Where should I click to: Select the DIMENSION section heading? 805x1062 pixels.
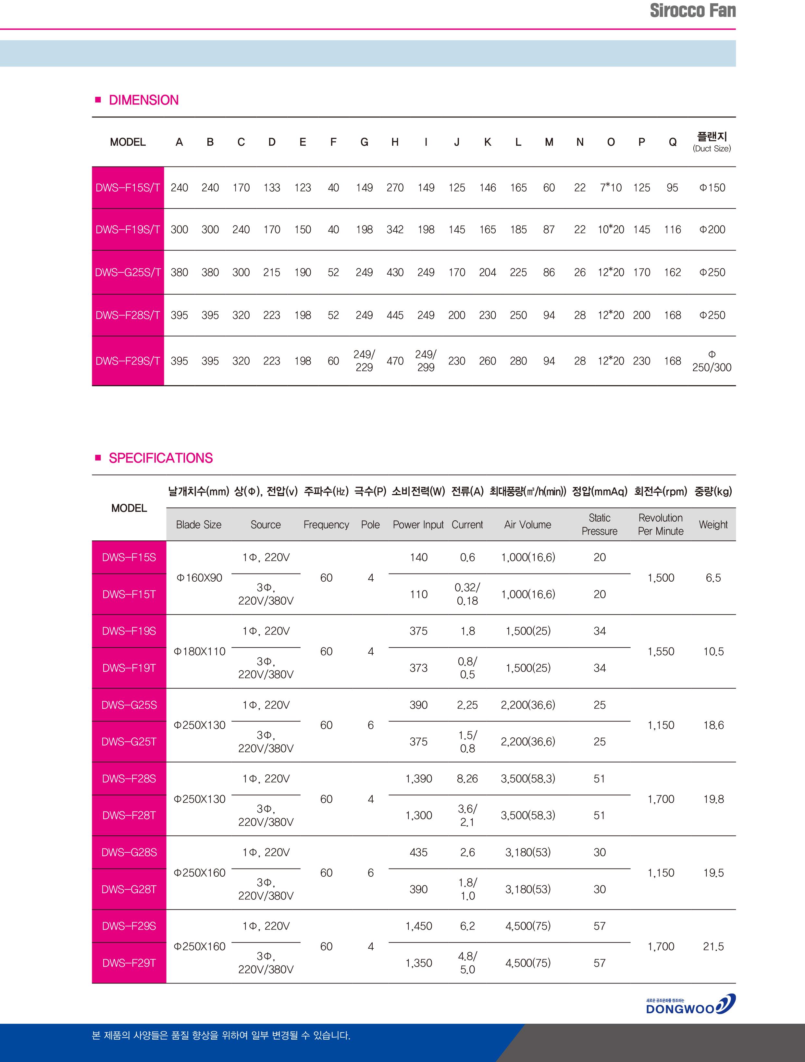[143, 100]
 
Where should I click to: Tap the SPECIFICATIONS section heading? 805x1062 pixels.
[160, 458]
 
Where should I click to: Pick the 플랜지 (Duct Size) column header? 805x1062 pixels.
[712, 142]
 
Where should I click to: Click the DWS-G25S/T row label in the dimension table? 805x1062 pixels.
[128, 272]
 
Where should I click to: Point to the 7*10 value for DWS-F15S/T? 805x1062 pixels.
[610, 188]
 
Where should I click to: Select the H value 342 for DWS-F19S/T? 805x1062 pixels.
[395, 229]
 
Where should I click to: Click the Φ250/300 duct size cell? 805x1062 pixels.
[712, 361]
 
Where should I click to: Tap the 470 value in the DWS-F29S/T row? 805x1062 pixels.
[395, 361]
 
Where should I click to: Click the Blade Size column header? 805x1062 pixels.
[198, 525]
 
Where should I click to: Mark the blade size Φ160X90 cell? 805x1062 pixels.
[199, 577]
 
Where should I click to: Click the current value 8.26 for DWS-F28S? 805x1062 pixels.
[467, 778]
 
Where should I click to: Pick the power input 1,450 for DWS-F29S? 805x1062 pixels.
[419, 926]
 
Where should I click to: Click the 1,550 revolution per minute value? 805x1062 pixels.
[661, 651]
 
